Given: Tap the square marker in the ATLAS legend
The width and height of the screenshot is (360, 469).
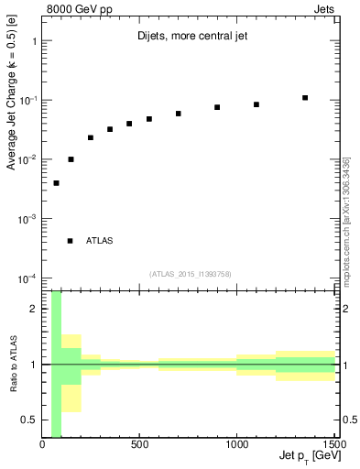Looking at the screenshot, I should tap(71, 241).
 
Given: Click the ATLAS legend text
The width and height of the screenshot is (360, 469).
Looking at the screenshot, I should tap(100, 241).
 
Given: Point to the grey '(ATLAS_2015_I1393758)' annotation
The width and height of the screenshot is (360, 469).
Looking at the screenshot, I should tap(189, 273).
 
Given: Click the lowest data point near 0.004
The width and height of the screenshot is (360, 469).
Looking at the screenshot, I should tap(57, 183).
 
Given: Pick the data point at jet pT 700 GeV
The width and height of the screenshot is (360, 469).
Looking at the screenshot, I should tap(179, 114).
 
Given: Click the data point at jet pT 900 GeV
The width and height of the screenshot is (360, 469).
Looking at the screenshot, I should tap(217, 107).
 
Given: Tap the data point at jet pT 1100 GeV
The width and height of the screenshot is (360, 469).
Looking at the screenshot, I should tap(256, 104).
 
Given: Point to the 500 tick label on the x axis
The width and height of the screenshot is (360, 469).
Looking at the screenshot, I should tap(139, 445).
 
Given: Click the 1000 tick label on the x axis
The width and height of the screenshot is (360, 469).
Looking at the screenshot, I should tap(236, 445).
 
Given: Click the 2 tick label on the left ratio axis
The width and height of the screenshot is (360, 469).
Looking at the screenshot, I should tap(35, 309).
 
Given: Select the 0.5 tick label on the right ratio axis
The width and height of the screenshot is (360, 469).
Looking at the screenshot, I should tap(349, 420).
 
